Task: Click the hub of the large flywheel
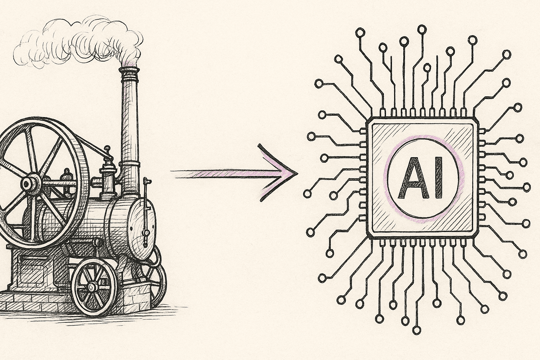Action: (x=30, y=184)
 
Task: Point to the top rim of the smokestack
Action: (x=129, y=69)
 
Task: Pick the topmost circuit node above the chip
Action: (x=422, y=30)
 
